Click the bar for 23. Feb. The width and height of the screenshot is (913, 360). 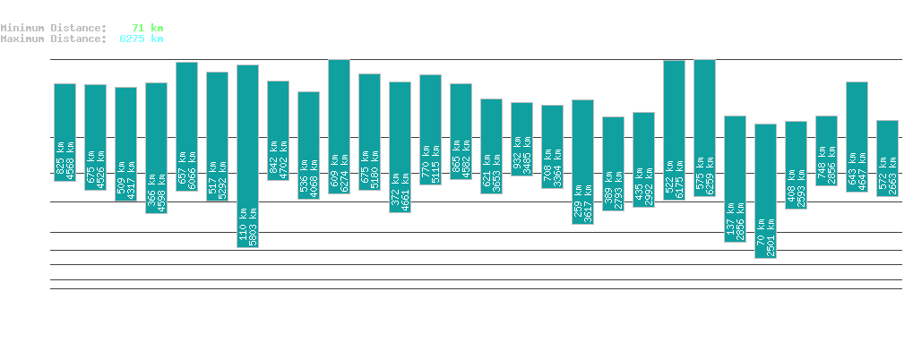[x=248, y=156]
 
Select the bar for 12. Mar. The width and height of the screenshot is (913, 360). [x=766, y=191]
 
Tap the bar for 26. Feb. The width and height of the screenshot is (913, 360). [x=340, y=126]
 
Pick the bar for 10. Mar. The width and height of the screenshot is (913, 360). [x=705, y=128]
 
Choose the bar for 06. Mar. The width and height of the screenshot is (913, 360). [x=583, y=161]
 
